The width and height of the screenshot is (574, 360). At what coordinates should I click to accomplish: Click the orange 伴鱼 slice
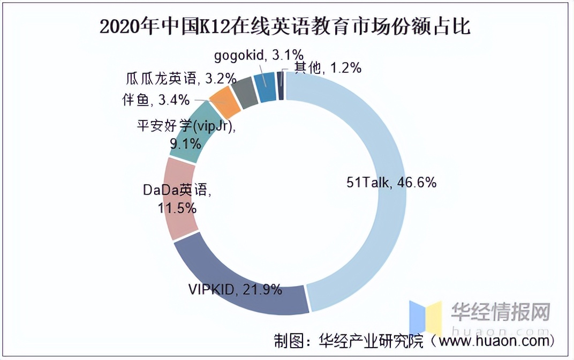pyautogui.click(x=225, y=103)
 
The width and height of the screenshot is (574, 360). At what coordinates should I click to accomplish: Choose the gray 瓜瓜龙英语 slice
pyautogui.click(x=246, y=92)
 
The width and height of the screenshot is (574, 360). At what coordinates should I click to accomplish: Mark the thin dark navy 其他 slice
pyautogui.click(x=280, y=86)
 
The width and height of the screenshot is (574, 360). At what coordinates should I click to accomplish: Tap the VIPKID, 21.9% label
pyautogui.click(x=235, y=290)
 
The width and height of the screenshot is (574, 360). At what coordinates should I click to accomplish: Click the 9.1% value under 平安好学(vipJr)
pyautogui.click(x=186, y=142)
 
